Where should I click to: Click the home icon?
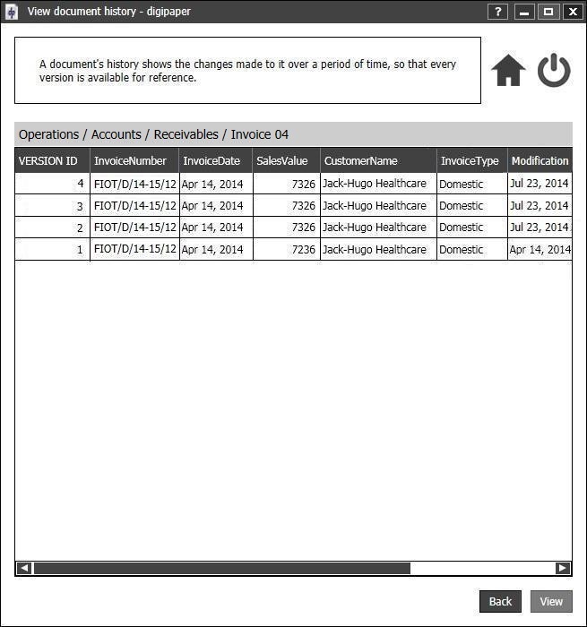pos(508,71)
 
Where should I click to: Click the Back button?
pos(500,602)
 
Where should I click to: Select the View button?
pos(551,602)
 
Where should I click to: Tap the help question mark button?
pos(499,12)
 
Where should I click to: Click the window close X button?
pos(571,12)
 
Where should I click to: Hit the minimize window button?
pos(524,12)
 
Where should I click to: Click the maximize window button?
pos(548,12)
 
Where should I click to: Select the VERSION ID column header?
pos(48,161)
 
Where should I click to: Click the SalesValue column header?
pos(282,161)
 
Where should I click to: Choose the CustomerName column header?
pos(360,161)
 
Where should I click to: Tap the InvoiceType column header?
pos(470,161)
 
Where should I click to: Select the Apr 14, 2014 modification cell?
pos(540,250)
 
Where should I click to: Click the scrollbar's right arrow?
pos(563,568)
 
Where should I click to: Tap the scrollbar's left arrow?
pos(24,568)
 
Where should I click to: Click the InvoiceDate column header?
pos(211,161)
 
